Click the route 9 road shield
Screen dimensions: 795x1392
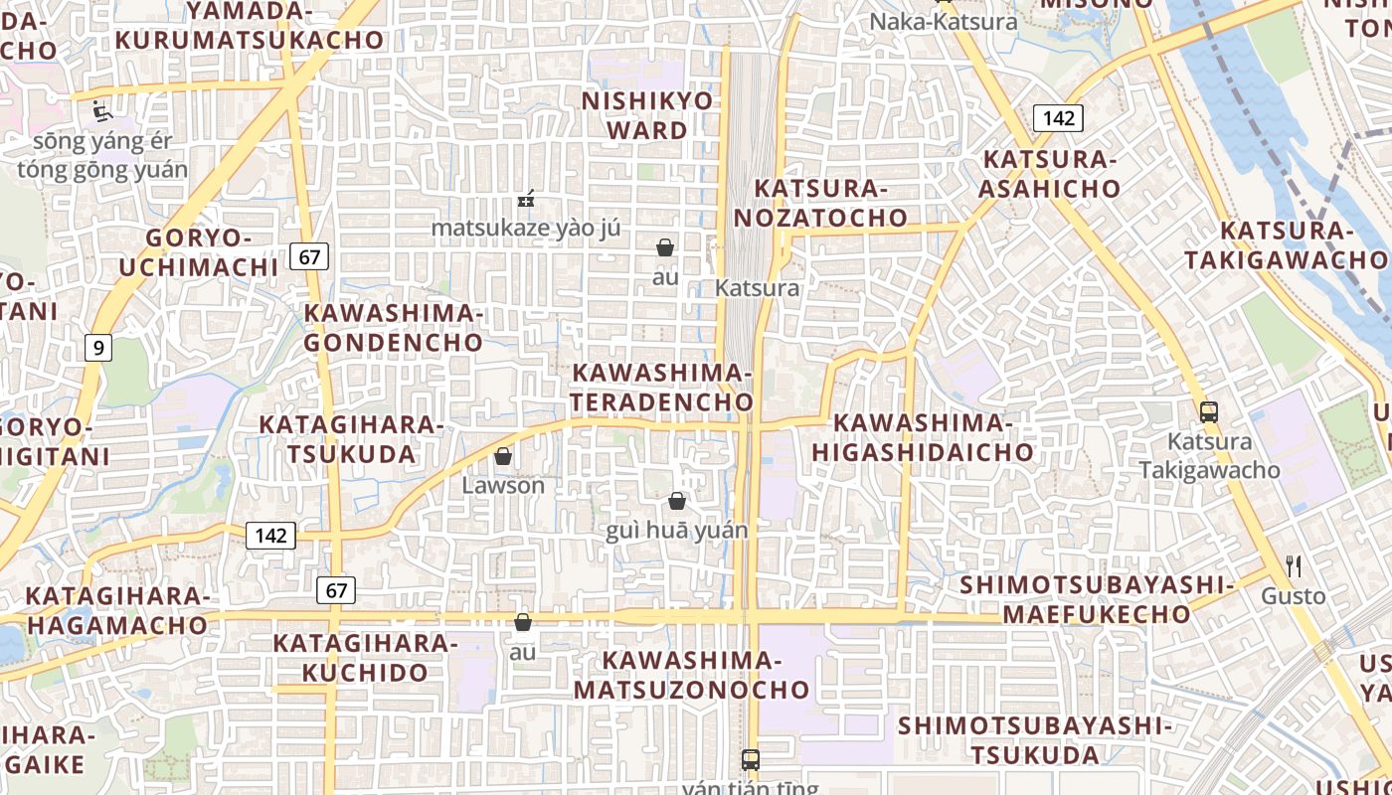tap(97, 348)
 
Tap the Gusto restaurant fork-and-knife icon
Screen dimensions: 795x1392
tap(1294, 567)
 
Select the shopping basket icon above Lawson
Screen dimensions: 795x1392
tap(503, 456)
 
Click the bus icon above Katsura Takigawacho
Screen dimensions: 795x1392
tap(1209, 411)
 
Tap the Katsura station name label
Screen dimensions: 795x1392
tap(757, 288)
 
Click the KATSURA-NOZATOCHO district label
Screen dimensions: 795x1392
tap(830, 203)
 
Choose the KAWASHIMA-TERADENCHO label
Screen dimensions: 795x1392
tap(662, 387)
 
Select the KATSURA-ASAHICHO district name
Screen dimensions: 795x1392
tap(1051, 174)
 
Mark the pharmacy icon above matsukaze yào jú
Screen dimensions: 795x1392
tap(526, 200)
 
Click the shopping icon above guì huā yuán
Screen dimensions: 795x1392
tap(677, 501)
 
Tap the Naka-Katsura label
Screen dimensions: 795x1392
tap(944, 21)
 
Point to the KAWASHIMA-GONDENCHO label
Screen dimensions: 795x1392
tap(394, 328)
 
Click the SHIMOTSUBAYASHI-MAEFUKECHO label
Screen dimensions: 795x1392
tap(1096, 599)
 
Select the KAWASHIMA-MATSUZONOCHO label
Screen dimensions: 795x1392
tap(692, 675)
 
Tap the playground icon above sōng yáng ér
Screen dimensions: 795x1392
tap(101, 110)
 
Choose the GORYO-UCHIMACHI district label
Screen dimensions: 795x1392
tap(212, 252)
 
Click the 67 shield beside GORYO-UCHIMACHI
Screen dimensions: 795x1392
tap(309, 257)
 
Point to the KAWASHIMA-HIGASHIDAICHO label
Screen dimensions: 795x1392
tap(923, 437)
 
